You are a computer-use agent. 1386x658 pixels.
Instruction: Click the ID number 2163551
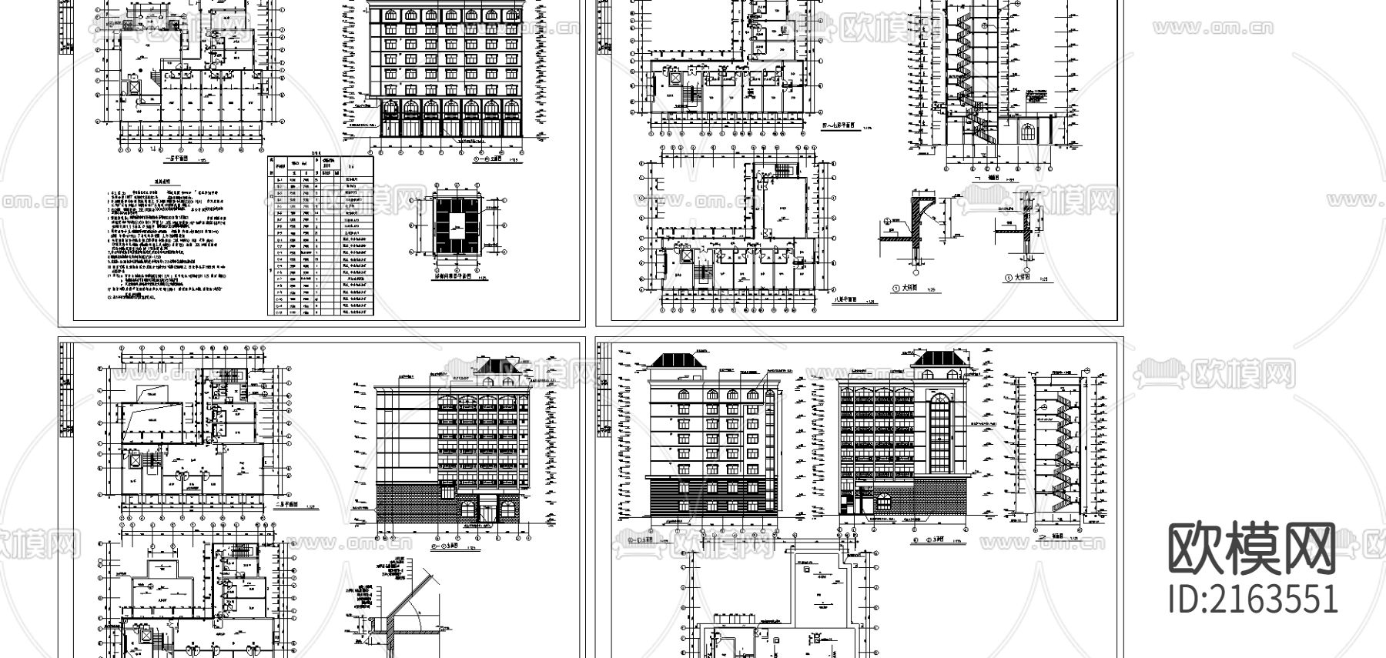1253,599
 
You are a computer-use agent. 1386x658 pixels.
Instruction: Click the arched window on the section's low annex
1027,131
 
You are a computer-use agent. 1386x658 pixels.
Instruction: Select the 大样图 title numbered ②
1022,279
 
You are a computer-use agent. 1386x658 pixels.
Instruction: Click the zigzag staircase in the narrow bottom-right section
1057,454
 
